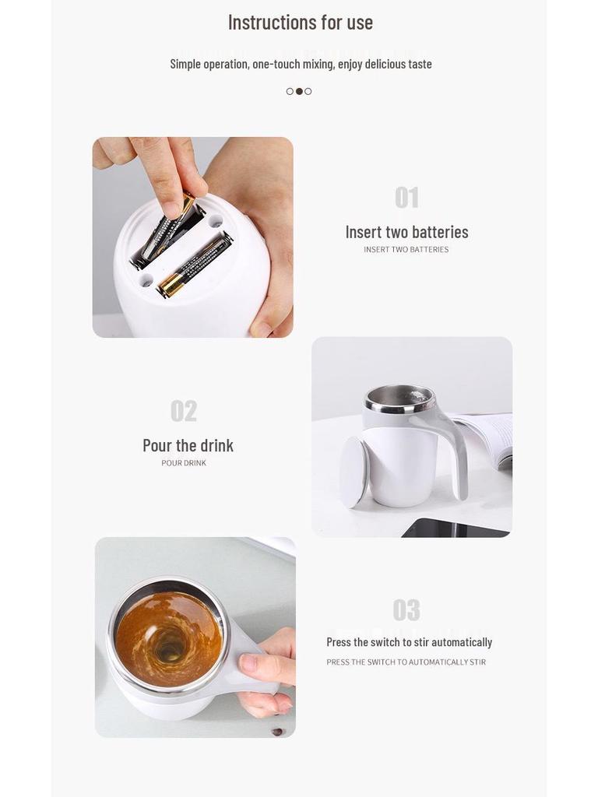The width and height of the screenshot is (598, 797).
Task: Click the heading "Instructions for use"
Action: tap(300, 23)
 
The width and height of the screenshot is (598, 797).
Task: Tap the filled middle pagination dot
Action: tap(299, 91)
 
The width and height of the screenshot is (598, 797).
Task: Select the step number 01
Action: tap(406, 198)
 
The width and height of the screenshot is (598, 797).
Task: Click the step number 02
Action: tap(184, 411)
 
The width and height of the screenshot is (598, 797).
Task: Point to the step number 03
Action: tap(406, 610)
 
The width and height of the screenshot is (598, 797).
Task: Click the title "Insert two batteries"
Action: tap(406, 232)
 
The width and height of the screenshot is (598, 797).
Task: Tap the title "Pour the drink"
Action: tap(188, 445)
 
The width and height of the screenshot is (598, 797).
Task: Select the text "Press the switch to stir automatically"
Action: tap(409, 642)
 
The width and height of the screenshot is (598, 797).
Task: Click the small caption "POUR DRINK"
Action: tap(184, 463)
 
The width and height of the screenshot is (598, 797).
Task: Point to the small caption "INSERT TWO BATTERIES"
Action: tap(406, 250)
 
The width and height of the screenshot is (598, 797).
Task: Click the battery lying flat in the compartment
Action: tap(195, 265)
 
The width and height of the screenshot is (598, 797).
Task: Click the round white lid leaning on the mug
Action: tap(354, 472)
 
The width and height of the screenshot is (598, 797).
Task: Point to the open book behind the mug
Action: tap(491, 436)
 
